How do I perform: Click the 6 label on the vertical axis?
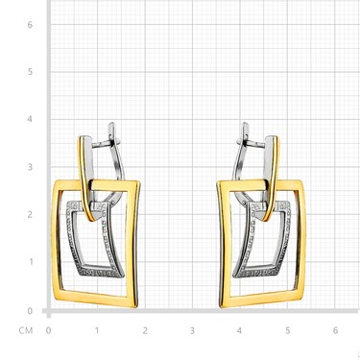click(30, 24)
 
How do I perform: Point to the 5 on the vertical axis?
click(30, 71)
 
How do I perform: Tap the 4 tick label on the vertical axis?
click(30, 119)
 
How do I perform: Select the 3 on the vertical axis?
click(30, 167)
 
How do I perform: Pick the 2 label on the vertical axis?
click(30, 214)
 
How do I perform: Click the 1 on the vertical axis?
click(31, 262)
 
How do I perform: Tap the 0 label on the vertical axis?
click(30, 311)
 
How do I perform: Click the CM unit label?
click(26, 330)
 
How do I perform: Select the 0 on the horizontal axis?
click(48, 330)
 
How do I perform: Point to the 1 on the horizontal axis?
click(97, 330)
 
